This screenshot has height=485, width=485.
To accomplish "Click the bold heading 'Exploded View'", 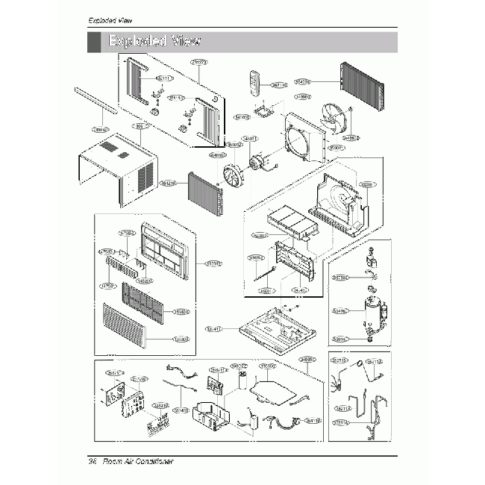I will [154, 41].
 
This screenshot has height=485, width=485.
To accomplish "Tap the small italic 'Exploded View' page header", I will [110, 19].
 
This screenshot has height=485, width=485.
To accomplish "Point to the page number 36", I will [93, 462].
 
